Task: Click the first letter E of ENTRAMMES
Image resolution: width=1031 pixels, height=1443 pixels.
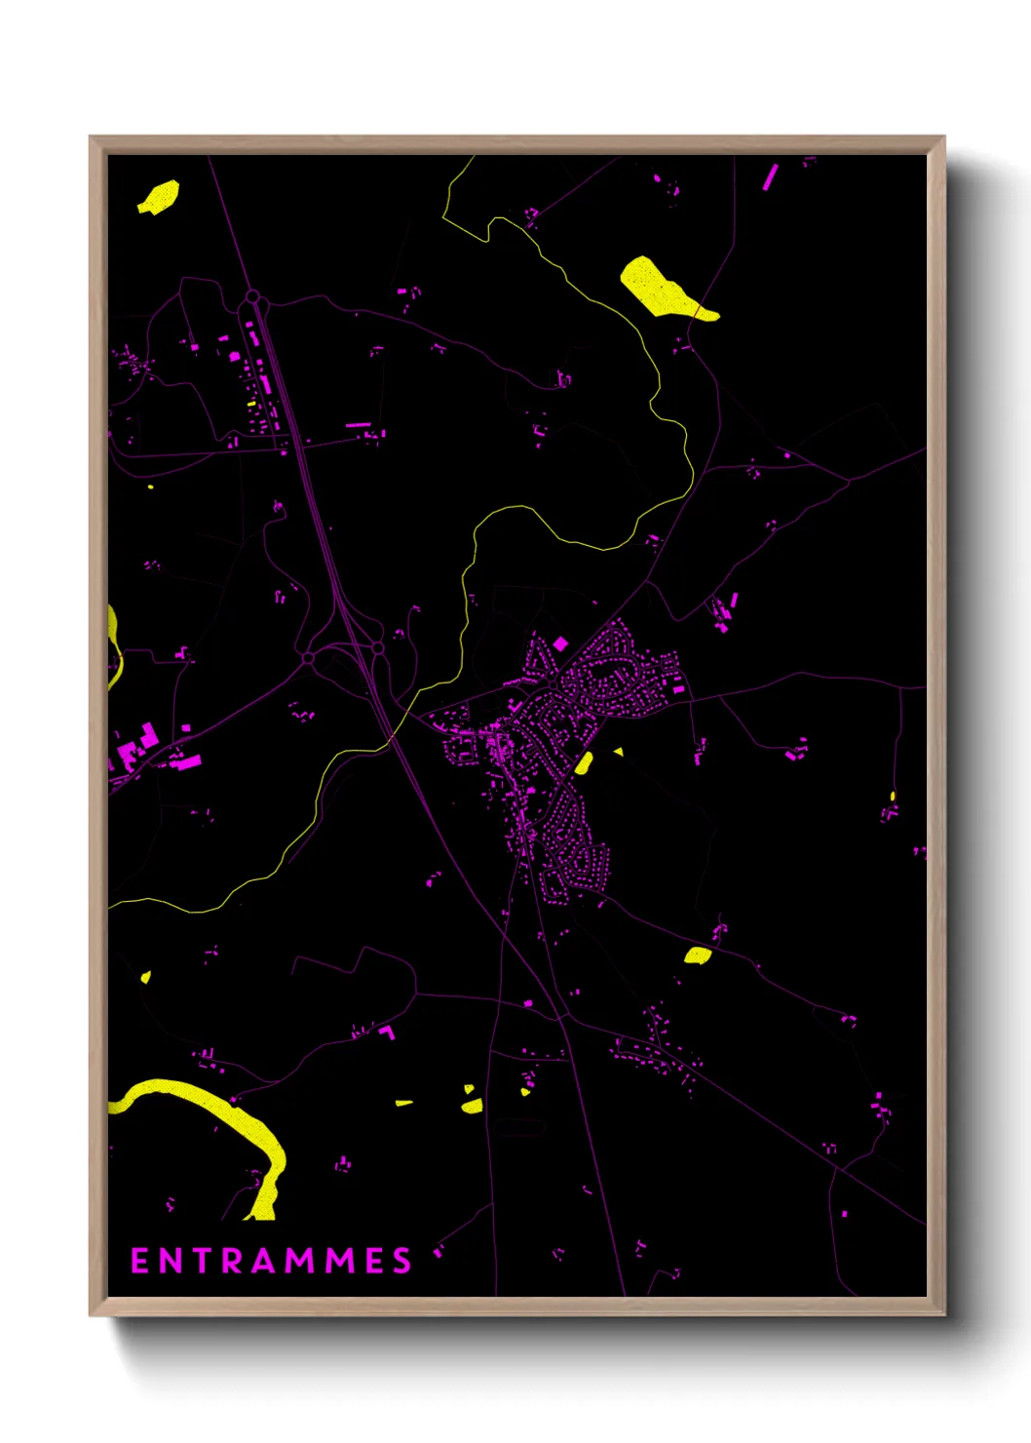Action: [139, 1261]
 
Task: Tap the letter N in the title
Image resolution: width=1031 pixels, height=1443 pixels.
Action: [171, 1261]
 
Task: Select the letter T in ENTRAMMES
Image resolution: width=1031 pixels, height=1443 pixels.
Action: [201, 1261]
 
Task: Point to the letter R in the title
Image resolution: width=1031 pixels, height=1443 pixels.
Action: [232, 1261]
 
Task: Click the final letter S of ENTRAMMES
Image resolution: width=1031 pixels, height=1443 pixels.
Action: [402, 1261]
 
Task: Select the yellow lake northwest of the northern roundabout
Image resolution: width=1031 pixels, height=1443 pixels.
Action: [159, 197]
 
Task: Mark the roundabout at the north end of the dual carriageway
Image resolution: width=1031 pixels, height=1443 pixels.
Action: [252, 296]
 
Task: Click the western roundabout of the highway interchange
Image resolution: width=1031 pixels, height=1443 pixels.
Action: [309, 658]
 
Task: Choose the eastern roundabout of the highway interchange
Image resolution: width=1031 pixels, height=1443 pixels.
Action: [377, 647]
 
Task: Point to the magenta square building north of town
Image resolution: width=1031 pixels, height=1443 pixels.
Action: [560, 643]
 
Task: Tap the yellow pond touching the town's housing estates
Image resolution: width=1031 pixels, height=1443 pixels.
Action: [584, 762]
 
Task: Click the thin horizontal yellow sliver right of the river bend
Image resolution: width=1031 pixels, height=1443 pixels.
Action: [403, 1103]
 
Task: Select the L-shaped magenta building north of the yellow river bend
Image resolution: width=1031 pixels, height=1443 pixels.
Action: [389, 1032]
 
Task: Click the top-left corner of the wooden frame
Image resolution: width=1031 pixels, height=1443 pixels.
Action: [91, 137]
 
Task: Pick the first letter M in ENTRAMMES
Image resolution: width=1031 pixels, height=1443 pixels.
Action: [302, 1261]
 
